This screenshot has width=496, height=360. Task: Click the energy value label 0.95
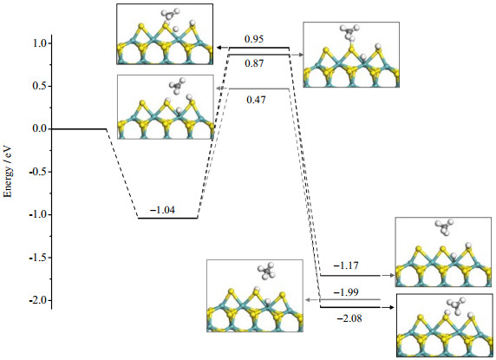click(x=254, y=39)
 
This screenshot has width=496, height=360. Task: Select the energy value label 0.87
click(x=254, y=63)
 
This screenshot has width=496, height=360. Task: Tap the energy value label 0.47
click(x=256, y=100)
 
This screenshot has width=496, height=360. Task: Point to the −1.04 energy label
click(x=162, y=210)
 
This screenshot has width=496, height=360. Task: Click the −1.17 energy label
click(x=346, y=265)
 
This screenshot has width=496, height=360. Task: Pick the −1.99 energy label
click(x=346, y=292)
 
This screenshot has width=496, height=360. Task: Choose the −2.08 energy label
click(x=349, y=318)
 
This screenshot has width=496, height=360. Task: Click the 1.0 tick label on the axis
click(x=40, y=43)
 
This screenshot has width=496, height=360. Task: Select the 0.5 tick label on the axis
click(x=40, y=86)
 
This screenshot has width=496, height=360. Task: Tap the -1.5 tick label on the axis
click(x=37, y=258)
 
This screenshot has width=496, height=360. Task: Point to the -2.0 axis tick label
click(x=37, y=300)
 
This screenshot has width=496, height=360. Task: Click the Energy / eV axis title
click(x=8, y=171)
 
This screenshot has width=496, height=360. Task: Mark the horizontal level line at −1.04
click(x=167, y=218)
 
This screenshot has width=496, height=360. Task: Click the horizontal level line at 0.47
click(x=258, y=88)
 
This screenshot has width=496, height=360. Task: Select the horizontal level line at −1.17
click(x=350, y=276)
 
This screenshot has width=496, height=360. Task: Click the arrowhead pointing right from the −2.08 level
click(x=392, y=307)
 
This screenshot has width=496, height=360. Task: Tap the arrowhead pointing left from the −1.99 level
click(x=308, y=299)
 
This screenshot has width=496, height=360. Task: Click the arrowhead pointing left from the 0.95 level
click(x=219, y=48)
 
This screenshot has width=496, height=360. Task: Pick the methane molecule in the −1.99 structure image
click(x=266, y=271)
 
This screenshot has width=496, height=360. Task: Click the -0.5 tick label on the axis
click(x=37, y=172)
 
